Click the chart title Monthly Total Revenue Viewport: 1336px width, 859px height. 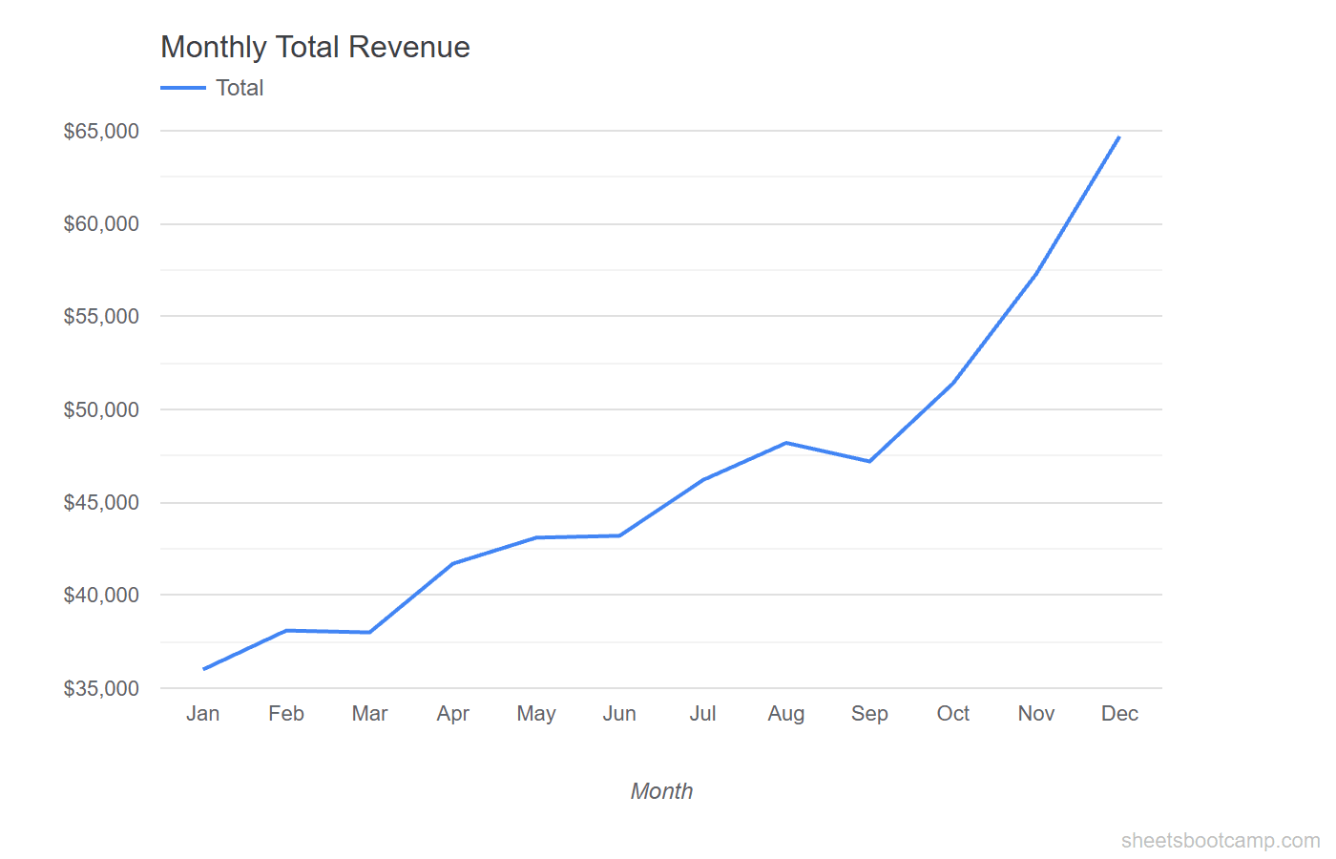[x=315, y=47]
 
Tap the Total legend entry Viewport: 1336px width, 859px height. [x=239, y=88]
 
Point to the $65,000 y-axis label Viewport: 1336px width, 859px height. [x=101, y=132]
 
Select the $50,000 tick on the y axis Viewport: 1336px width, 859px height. [x=101, y=410]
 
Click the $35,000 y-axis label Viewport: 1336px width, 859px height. [x=101, y=689]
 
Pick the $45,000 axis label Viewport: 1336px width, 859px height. [x=101, y=503]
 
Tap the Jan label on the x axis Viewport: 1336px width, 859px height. [x=203, y=714]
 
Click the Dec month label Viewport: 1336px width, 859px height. [x=1119, y=714]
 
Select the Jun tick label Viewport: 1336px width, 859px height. [x=619, y=714]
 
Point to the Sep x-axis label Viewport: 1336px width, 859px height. [x=869, y=714]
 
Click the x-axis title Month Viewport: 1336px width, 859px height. [x=661, y=791]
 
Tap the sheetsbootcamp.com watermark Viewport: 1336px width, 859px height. [x=1220, y=841]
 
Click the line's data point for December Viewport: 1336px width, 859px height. [x=1118, y=137]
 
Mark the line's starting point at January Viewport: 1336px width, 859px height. [x=204, y=669]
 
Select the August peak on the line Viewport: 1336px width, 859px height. [x=786, y=443]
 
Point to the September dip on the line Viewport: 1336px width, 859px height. [x=869, y=461]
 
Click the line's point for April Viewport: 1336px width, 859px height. [x=453, y=563]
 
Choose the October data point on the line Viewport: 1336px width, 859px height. [x=953, y=383]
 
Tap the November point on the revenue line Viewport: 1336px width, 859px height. [x=1036, y=274]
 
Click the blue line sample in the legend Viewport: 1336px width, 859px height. [x=183, y=88]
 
